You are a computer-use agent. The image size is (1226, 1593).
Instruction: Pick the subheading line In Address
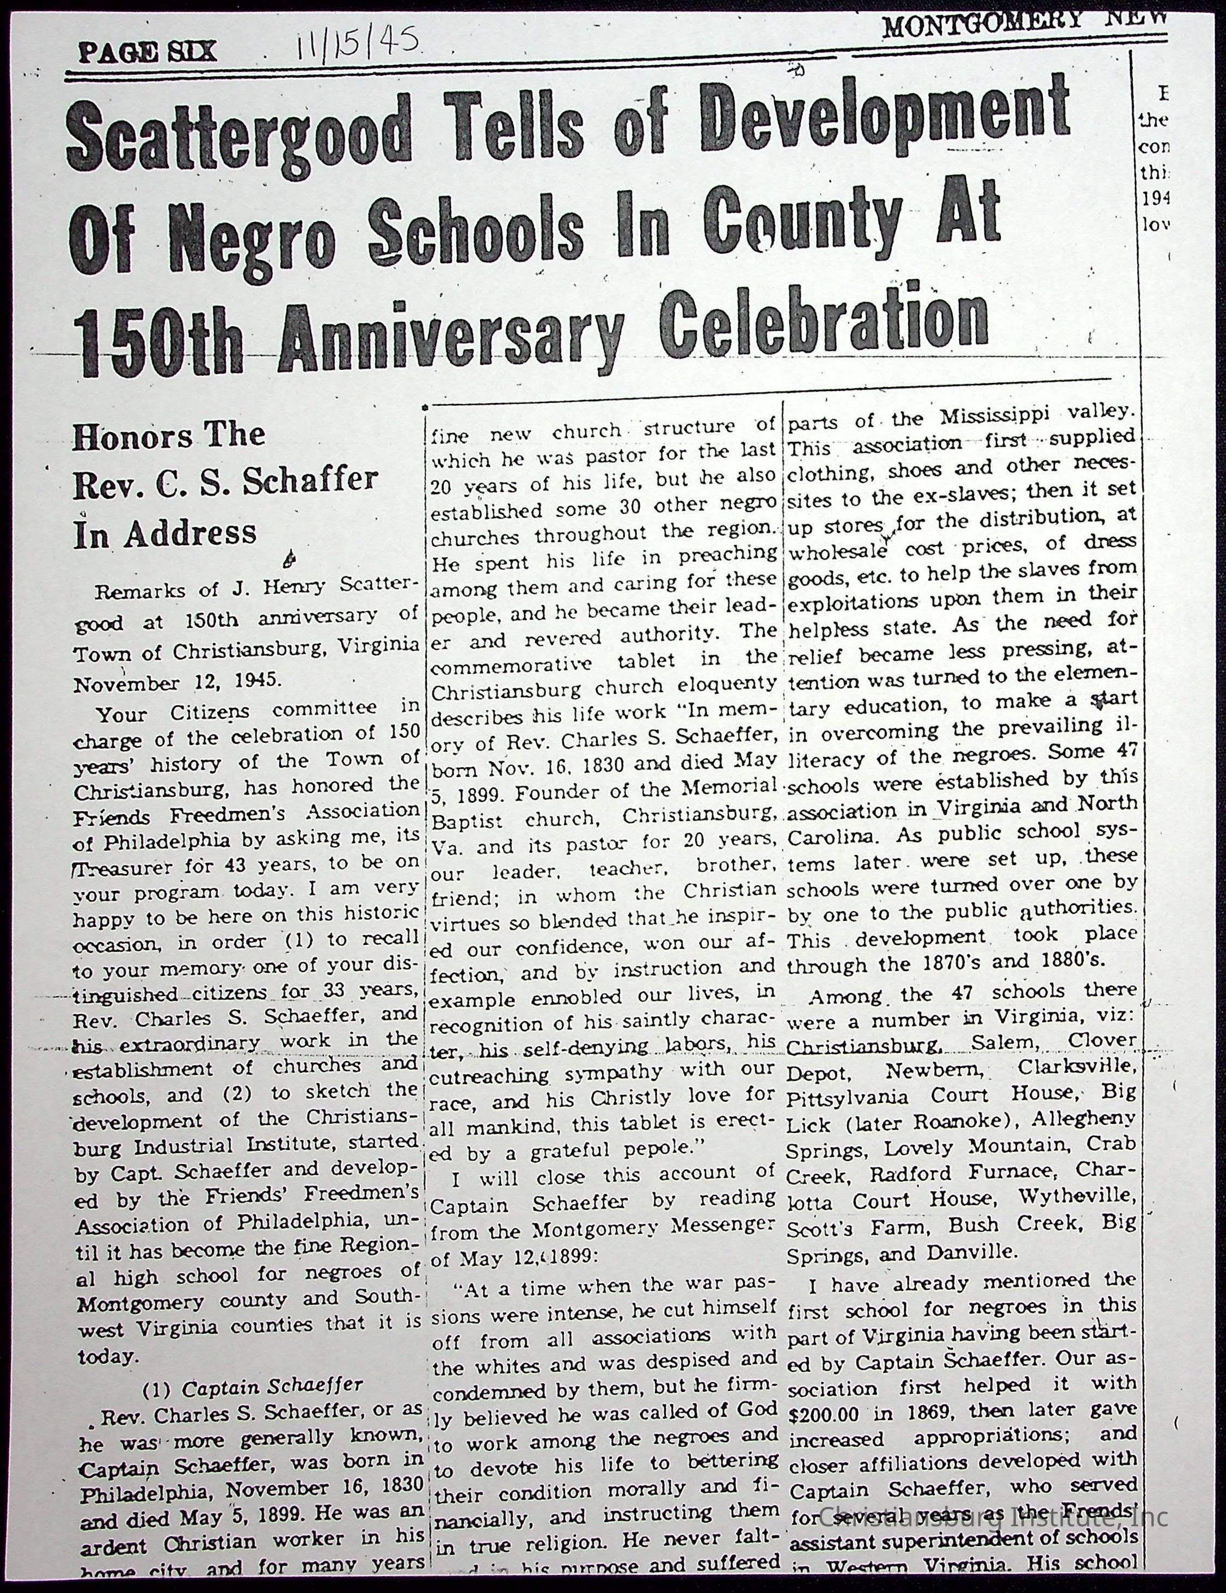(165, 535)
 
